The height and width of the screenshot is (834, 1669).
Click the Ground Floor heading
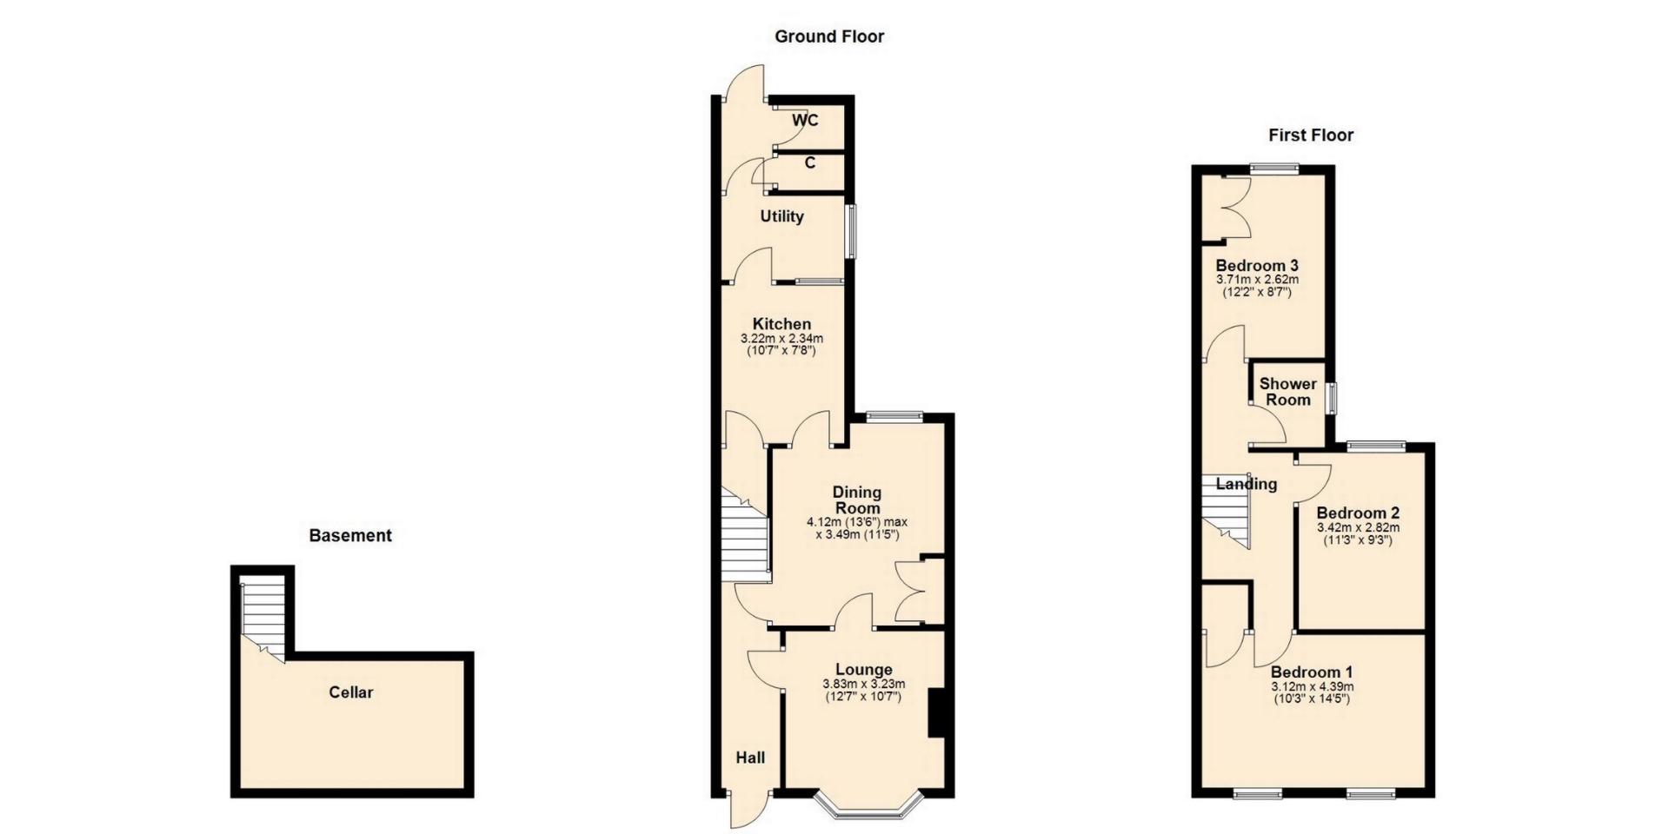(829, 36)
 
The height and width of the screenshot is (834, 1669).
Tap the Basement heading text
(350, 535)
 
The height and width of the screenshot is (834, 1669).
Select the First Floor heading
(1311, 135)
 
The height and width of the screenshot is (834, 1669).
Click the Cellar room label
(351, 692)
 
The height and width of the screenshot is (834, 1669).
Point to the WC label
(805, 121)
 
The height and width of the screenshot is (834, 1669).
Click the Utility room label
(781, 216)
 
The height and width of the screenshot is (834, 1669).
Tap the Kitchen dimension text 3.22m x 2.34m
(781, 338)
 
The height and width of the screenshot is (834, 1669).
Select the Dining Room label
(857, 500)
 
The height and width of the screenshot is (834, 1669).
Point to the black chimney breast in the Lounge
(936, 713)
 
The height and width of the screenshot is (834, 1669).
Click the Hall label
(750, 758)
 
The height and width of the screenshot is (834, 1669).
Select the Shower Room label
(1287, 392)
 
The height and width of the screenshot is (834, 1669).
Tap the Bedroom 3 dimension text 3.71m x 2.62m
(1257, 280)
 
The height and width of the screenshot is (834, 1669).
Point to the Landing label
(1247, 485)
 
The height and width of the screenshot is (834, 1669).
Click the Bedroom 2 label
(1358, 513)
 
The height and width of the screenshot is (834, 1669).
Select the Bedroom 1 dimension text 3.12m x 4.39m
(1312, 686)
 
